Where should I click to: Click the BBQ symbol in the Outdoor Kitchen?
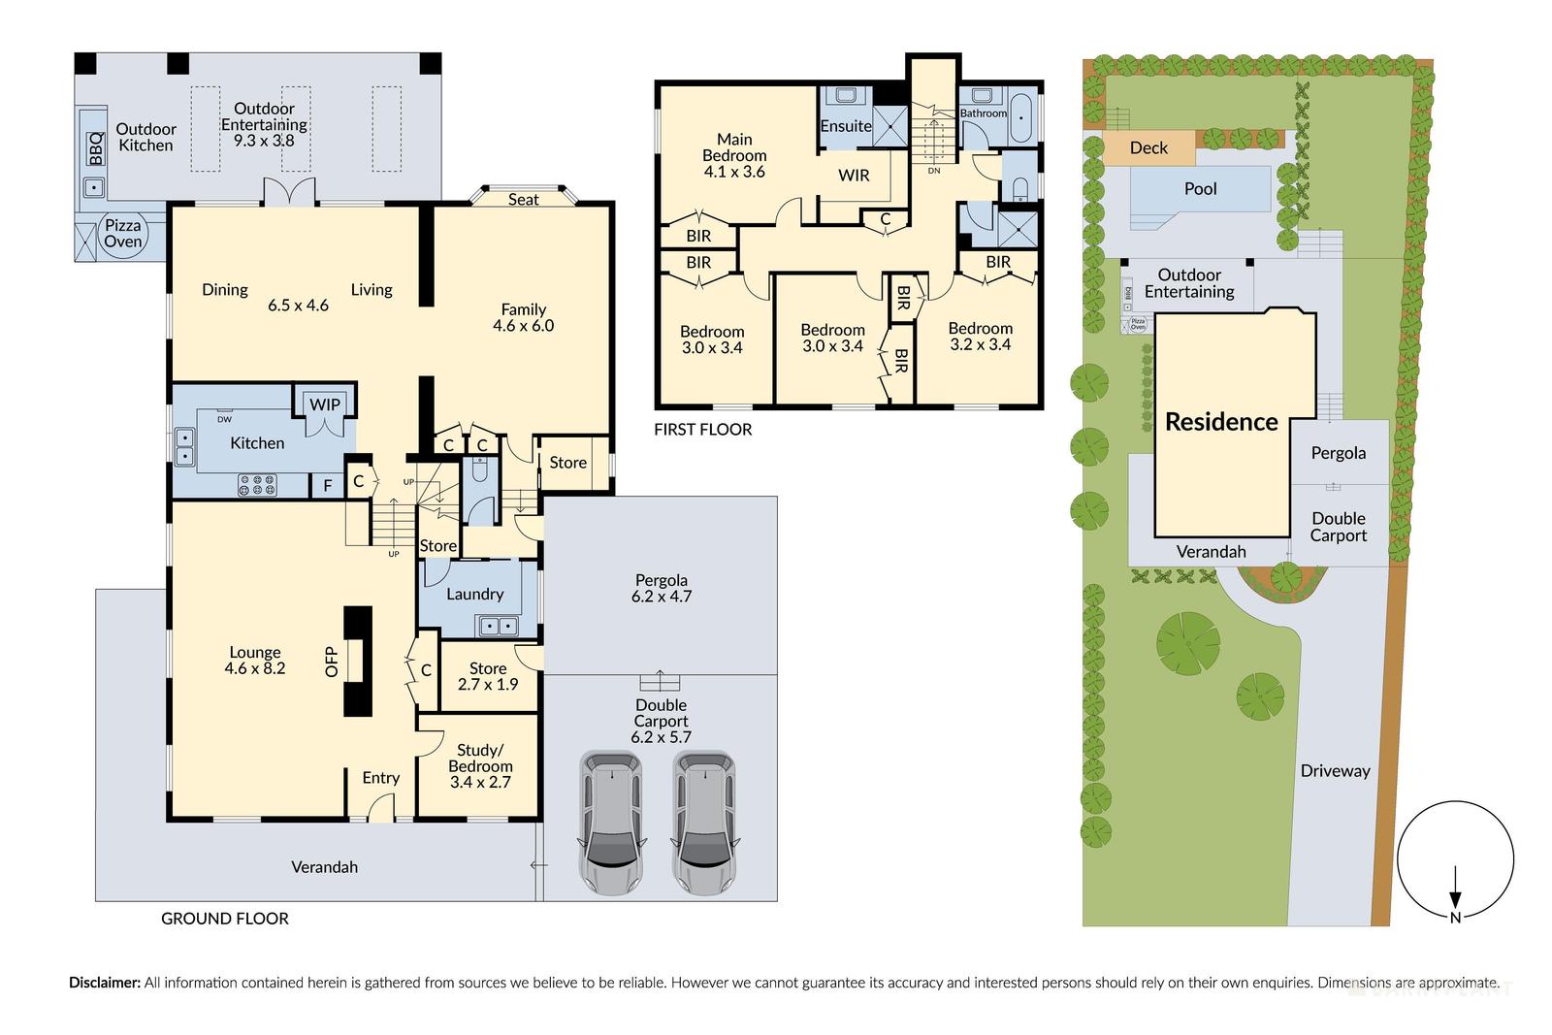tap(95, 150)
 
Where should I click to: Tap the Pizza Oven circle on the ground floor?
tap(123, 235)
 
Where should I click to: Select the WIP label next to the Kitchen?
tap(325, 404)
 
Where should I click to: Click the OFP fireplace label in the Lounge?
tap(332, 662)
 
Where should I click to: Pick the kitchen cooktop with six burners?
tap(257, 485)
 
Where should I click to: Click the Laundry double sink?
tap(496, 627)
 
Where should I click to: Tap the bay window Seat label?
tap(523, 200)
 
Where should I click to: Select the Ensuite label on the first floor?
tap(845, 126)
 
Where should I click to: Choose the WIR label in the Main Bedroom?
tap(854, 176)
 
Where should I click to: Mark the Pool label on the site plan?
tap(1200, 189)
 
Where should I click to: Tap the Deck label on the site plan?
tap(1148, 148)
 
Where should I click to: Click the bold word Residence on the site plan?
tap(1221, 422)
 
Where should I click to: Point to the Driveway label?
tap(1335, 771)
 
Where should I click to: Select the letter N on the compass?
tap(1455, 918)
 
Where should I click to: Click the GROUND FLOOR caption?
tap(225, 919)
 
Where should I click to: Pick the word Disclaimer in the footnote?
tap(104, 983)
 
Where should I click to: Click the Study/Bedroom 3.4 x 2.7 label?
tap(480, 765)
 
